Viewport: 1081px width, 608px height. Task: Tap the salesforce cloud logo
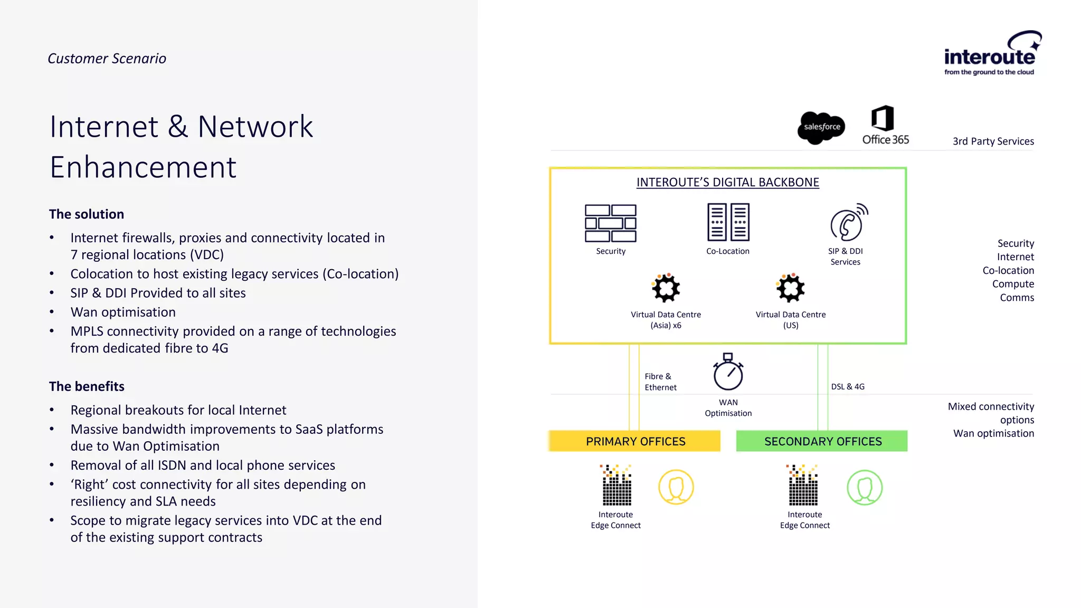click(x=821, y=127)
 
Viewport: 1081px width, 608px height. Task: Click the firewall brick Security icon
click(x=610, y=223)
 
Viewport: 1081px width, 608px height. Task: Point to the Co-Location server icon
click(x=728, y=222)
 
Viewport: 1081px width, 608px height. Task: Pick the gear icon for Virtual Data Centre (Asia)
click(x=666, y=288)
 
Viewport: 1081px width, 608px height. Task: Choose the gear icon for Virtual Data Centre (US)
click(x=790, y=288)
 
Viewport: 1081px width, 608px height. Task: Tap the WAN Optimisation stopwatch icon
click(x=728, y=372)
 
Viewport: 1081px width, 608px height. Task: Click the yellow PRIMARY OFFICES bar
click(x=635, y=441)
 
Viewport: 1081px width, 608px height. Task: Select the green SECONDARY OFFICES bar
click(x=822, y=441)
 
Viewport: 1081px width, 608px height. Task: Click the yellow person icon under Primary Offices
click(x=676, y=487)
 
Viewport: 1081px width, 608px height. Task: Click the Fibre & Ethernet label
click(x=660, y=382)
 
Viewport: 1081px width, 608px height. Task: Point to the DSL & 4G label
click(x=848, y=386)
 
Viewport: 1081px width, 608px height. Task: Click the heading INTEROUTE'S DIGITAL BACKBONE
click(x=727, y=182)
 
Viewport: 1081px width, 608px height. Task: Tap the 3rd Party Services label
click(x=993, y=141)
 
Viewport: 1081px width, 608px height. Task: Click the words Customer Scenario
click(x=107, y=59)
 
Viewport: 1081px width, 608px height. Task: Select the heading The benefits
click(x=87, y=386)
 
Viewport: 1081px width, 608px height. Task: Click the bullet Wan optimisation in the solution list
click(x=123, y=312)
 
